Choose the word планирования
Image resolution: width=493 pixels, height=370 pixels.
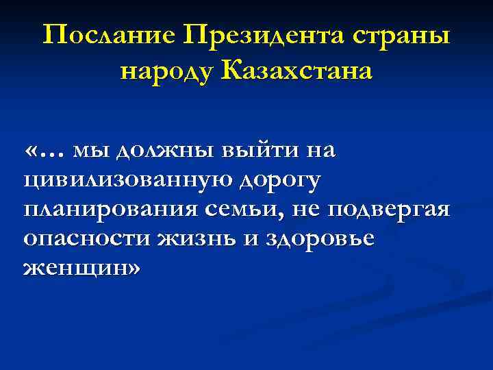[110, 210]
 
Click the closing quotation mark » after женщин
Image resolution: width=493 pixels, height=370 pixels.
[131, 268]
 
